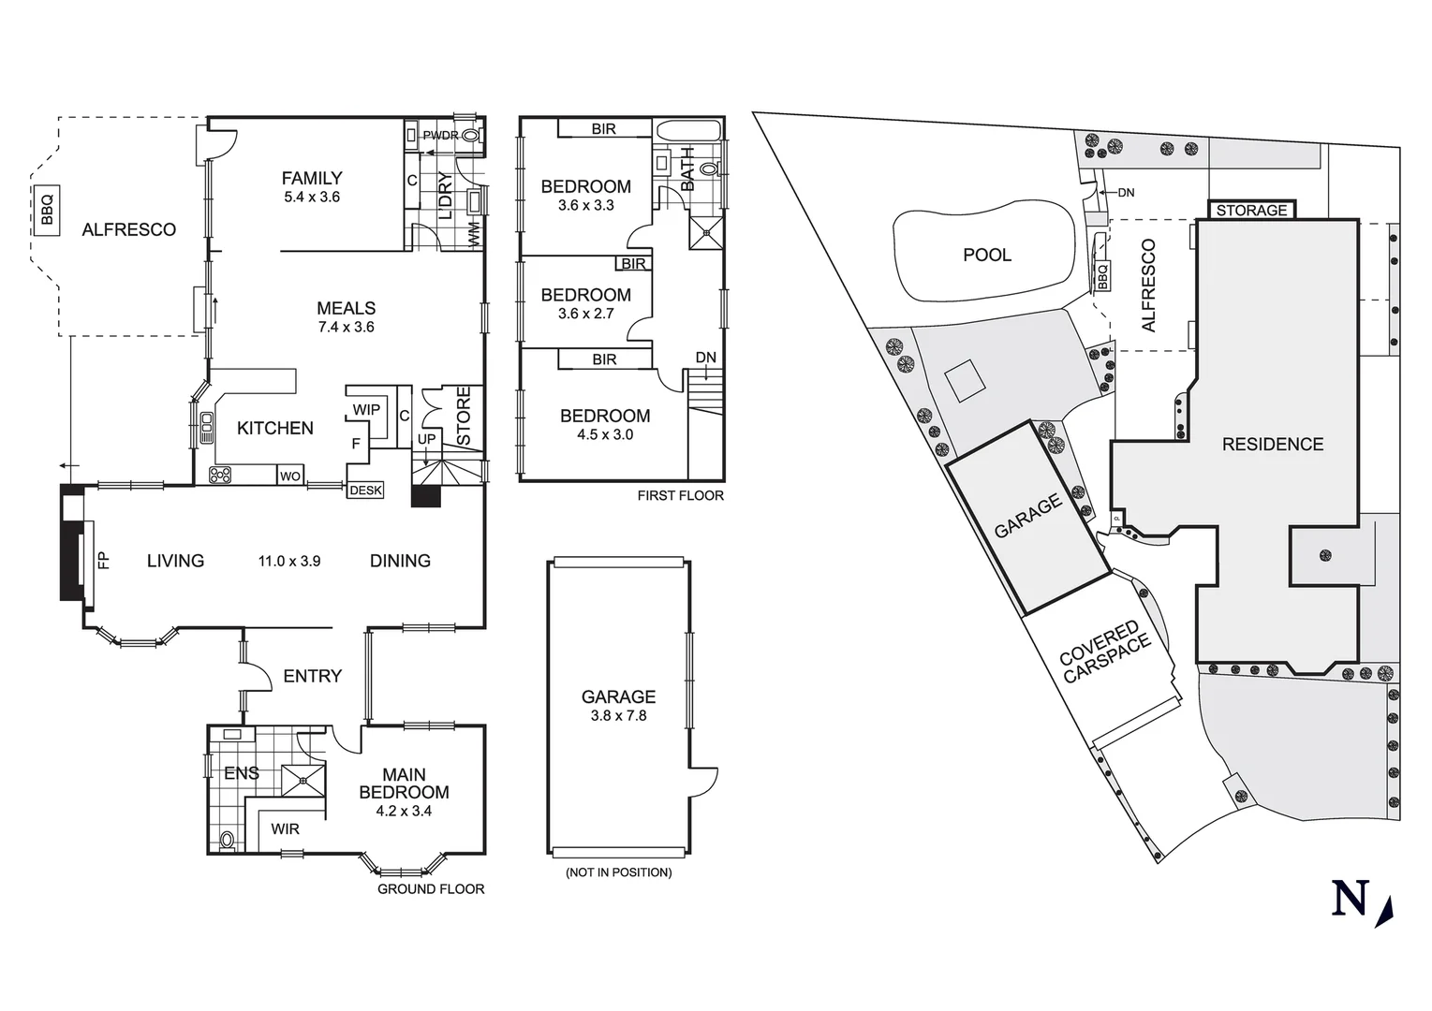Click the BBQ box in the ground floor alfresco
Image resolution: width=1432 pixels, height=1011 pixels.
point(48,211)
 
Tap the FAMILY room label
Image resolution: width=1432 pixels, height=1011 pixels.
point(312,178)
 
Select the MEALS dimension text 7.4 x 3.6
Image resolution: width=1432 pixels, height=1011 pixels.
point(346,328)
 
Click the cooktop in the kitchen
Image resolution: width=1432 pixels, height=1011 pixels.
point(220,475)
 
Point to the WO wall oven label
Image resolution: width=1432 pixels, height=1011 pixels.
point(290,476)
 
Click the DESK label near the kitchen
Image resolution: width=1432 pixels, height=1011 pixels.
point(365,490)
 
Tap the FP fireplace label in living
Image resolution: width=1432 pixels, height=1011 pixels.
point(103,560)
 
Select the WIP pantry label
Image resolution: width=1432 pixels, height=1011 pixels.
point(366,409)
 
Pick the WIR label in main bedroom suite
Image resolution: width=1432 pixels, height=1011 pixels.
point(286,828)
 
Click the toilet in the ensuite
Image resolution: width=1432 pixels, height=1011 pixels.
point(226,839)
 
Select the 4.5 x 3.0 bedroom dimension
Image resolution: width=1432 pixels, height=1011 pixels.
point(605,434)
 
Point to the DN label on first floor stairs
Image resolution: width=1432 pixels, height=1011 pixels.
point(705,358)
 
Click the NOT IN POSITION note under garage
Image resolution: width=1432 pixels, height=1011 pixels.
point(618,872)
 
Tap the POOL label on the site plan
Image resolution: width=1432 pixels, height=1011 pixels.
point(987,255)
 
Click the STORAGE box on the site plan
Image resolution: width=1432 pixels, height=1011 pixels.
point(1251,211)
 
